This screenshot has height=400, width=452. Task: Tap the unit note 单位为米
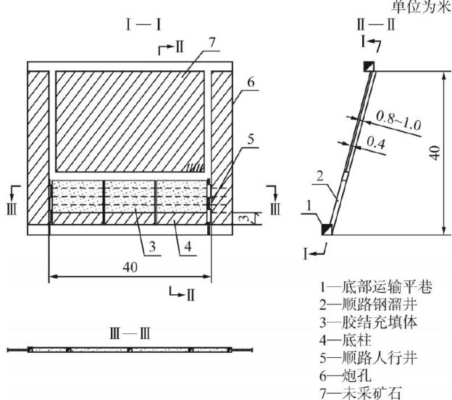coord(421,7)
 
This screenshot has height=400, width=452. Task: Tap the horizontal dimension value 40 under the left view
coord(130,267)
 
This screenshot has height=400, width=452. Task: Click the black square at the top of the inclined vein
coord(369,66)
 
